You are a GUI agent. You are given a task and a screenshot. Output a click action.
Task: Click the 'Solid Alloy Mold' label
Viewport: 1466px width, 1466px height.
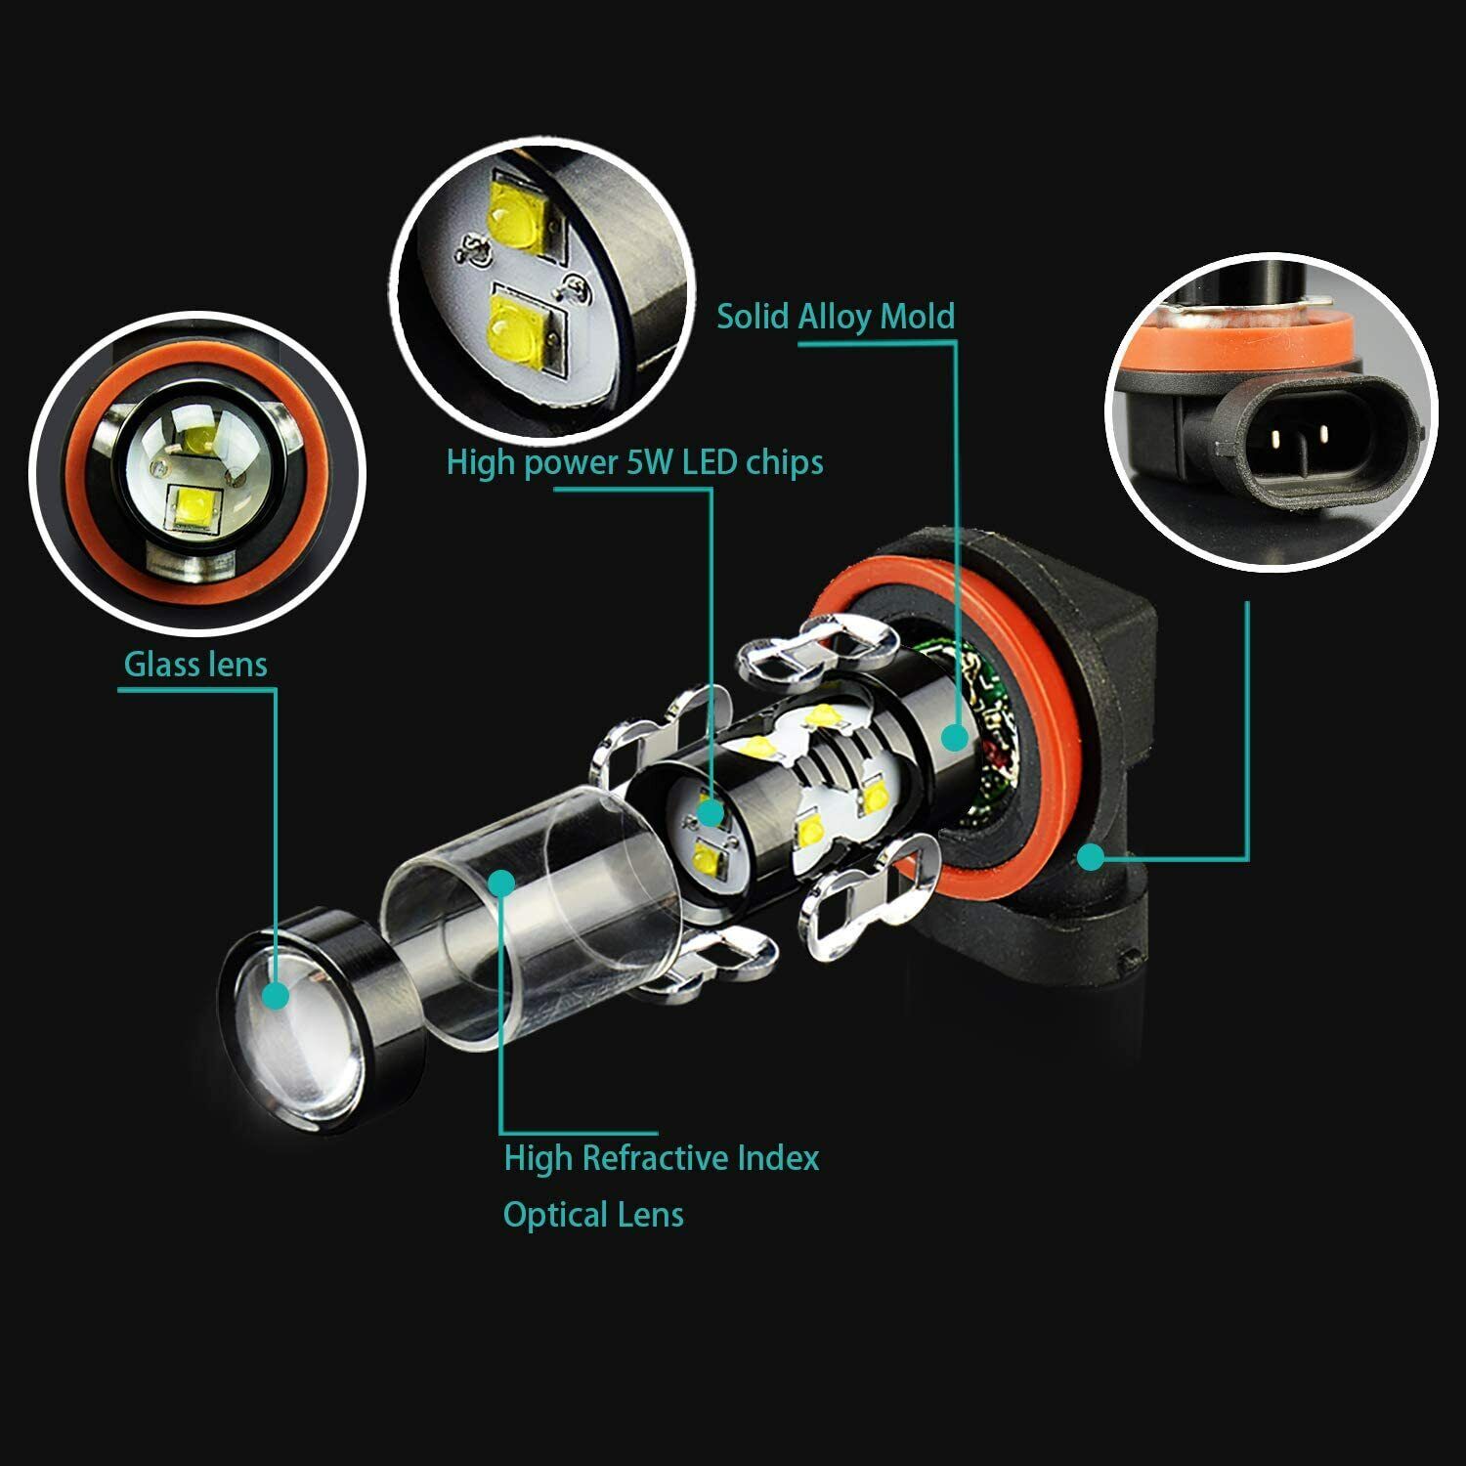click(836, 317)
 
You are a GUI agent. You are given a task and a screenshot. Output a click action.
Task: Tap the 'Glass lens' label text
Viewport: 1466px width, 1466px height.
click(195, 665)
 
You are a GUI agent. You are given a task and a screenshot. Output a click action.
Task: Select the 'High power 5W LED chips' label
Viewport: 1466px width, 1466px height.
click(634, 462)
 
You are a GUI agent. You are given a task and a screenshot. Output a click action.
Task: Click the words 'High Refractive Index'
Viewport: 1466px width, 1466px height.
click(662, 1158)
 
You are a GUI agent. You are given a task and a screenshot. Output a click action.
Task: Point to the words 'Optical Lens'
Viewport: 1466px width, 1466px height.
click(593, 1215)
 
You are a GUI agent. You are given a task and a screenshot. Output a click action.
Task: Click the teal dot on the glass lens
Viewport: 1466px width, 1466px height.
click(277, 996)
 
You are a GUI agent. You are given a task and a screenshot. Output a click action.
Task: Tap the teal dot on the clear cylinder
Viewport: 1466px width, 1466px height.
click(502, 883)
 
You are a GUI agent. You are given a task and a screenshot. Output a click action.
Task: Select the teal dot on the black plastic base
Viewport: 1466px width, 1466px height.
click(1091, 857)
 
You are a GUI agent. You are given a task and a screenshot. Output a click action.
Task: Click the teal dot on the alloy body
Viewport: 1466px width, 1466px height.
click(955, 737)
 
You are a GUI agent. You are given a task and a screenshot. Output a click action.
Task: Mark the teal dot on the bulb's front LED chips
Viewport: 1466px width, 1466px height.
click(711, 812)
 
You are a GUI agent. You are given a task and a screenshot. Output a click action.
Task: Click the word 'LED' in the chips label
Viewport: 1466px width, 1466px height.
click(711, 462)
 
